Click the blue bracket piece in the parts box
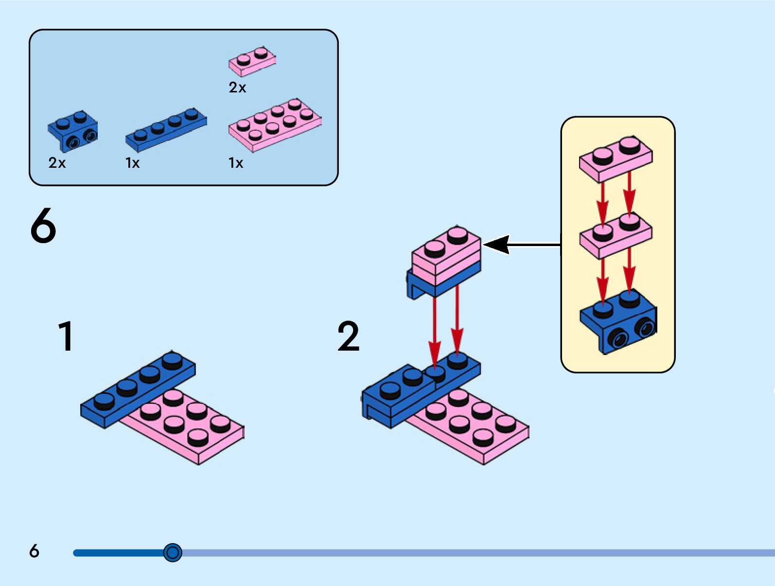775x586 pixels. click(x=73, y=131)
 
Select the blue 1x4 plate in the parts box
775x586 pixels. click(x=166, y=130)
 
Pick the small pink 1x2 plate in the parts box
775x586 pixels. click(x=252, y=61)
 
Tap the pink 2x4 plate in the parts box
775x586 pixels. click(x=275, y=125)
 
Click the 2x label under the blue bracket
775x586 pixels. click(x=57, y=163)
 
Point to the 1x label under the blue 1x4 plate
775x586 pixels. click(x=132, y=163)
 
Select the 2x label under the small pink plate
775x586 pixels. click(x=237, y=87)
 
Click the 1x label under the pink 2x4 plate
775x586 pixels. click(x=235, y=163)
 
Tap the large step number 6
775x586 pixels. click(x=43, y=226)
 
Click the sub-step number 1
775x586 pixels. click(x=66, y=336)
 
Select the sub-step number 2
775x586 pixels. click(x=349, y=336)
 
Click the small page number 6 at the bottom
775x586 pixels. click(x=34, y=550)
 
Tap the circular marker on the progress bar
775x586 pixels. click(x=173, y=552)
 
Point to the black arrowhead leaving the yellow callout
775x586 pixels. click(x=496, y=244)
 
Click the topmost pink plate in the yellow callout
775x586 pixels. click(x=616, y=159)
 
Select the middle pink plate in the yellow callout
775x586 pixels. click(x=616, y=235)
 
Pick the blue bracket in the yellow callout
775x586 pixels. click(x=618, y=321)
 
